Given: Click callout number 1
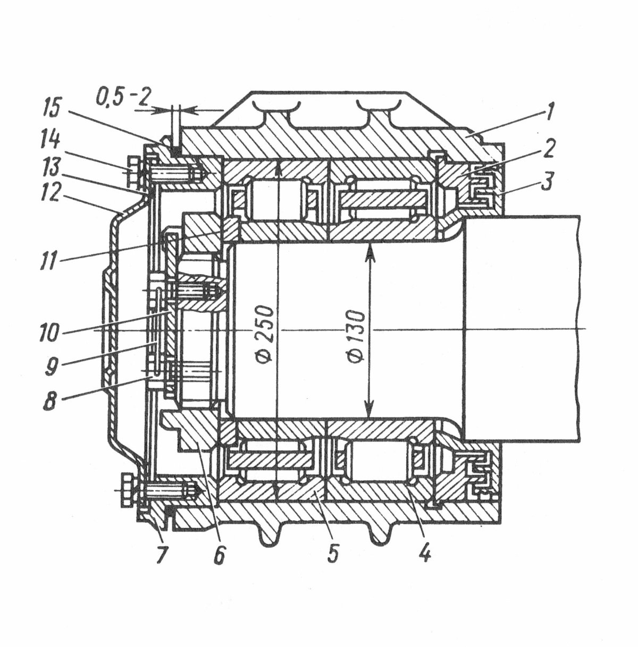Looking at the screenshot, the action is [548, 113].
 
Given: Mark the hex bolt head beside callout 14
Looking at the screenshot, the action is [133, 172].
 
